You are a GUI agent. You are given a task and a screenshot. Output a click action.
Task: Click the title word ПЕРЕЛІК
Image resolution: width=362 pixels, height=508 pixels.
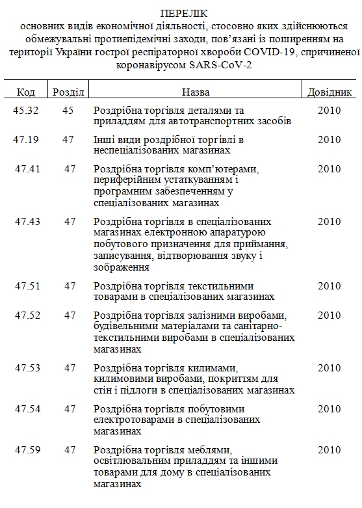180,14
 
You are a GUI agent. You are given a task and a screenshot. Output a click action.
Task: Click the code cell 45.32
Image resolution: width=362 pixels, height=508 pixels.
26,111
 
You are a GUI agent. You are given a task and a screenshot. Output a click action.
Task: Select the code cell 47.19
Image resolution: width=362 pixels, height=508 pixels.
27,140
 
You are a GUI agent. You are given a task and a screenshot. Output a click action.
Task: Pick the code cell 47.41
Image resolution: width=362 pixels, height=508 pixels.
27,169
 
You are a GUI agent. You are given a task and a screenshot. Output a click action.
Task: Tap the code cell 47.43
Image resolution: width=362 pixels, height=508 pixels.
27,221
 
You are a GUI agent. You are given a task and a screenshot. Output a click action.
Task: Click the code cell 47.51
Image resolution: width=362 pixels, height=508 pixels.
27,286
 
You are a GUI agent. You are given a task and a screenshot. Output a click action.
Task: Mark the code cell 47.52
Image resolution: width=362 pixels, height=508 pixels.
27,315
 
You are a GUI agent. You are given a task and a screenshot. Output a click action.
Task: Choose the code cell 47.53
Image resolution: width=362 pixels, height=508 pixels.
27,368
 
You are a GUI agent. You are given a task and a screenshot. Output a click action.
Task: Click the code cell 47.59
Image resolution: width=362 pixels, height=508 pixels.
27,450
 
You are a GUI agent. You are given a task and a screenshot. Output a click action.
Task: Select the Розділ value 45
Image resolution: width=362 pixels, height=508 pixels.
68,111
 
